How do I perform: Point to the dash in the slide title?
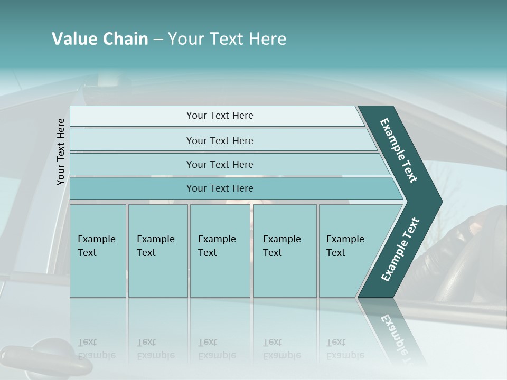tap(158, 40)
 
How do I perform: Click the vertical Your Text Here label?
tap(61, 151)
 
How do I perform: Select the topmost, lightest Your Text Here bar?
tap(219, 116)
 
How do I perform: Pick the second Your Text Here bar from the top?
tap(219, 140)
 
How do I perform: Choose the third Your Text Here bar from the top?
tap(219, 164)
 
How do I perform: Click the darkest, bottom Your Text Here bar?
tap(219, 188)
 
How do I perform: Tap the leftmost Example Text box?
tap(98, 251)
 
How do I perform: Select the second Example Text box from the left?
tap(158, 251)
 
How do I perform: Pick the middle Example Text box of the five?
tap(220, 251)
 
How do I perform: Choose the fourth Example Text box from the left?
tap(285, 251)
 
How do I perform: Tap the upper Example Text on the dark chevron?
tap(399, 150)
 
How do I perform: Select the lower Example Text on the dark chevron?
tap(400, 249)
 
